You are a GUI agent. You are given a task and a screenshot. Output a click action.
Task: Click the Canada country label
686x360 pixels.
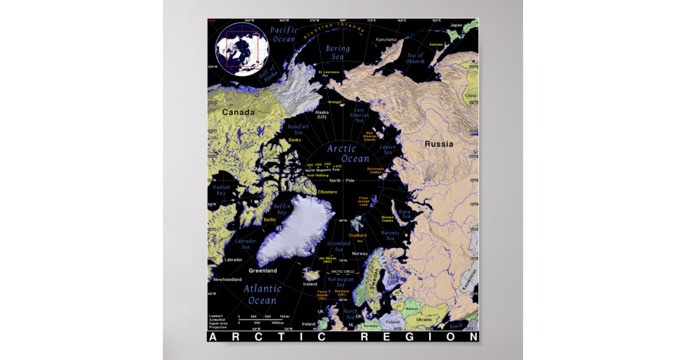coord(238,113)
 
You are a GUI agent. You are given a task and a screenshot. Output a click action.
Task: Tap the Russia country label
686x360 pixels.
coord(438,144)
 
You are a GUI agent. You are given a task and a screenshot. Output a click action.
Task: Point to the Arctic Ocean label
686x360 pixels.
coord(348,154)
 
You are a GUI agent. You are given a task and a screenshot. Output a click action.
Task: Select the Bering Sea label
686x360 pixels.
coord(338,53)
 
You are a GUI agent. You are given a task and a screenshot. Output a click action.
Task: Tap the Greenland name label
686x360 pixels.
coord(262,270)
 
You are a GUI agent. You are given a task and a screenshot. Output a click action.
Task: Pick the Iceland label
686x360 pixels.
coord(310,284)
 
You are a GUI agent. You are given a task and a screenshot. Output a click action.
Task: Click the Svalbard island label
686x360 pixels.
coord(357,235)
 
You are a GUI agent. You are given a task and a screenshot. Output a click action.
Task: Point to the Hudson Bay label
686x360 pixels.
coord(221,190)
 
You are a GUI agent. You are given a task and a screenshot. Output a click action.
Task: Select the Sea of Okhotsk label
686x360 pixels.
coord(414,58)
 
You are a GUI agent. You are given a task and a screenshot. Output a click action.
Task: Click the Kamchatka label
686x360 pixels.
coord(386,40)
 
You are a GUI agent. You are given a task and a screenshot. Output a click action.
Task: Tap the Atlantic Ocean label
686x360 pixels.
coord(262,294)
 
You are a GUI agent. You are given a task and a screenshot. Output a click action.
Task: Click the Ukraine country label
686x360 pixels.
coord(424,319)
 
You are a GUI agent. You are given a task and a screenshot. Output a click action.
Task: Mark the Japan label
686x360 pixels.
coord(456,25)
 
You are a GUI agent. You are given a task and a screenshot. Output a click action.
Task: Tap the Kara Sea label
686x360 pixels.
coord(405,214)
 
